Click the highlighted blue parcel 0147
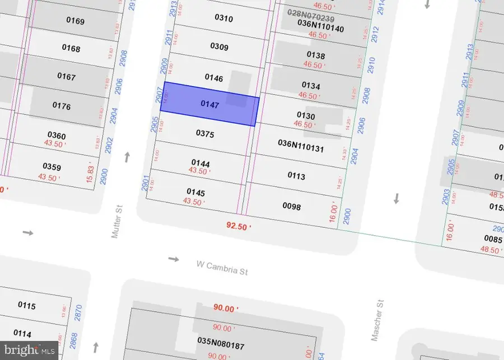click(211, 104)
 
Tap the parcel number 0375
click(206, 134)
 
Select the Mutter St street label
click(117, 222)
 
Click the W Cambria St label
click(222, 268)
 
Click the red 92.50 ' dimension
click(239, 227)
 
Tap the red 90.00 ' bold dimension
click(226, 308)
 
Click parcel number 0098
click(292, 207)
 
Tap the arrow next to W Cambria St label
click(174, 259)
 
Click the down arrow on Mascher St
click(397, 198)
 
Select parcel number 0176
click(62, 105)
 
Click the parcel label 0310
click(223, 18)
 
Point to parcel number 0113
click(296, 176)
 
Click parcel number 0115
click(26, 306)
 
